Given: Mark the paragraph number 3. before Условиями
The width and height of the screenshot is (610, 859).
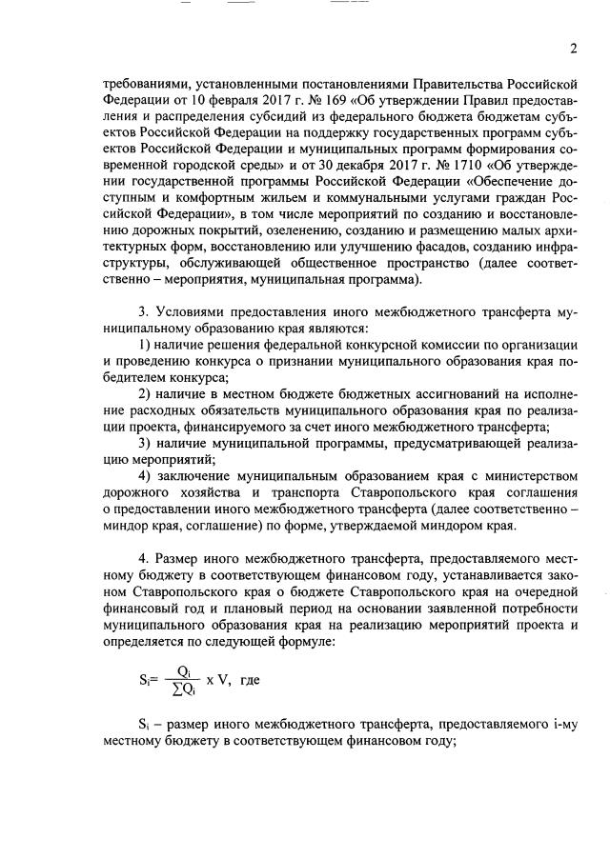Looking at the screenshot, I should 145,312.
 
